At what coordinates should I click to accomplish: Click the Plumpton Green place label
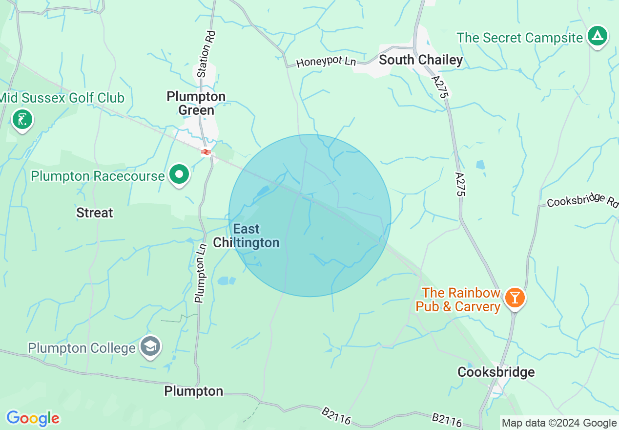click(196, 103)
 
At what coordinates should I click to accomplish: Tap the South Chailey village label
click(421, 60)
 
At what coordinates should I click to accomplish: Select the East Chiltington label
click(247, 236)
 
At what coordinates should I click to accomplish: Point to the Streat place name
click(95, 213)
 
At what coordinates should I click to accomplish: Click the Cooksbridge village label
click(496, 372)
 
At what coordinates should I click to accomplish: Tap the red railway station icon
click(206, 152)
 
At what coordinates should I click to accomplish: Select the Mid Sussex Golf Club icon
click(22, 119)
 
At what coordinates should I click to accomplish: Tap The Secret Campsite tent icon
click(597, 36)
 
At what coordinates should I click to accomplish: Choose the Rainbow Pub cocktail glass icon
click(515, 297)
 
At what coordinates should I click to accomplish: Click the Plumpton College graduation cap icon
click(150, 346)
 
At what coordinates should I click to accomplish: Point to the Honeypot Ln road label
click(326, 62)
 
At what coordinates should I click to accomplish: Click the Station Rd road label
click(206, 54)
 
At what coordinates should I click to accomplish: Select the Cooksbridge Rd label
click(582, 201)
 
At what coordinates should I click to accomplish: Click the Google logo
click(33, 418)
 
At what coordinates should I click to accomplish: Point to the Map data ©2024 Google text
click(559, 423)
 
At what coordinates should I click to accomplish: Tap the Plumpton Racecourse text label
click(98, 176)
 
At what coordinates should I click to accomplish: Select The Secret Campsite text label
click(520, 38)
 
